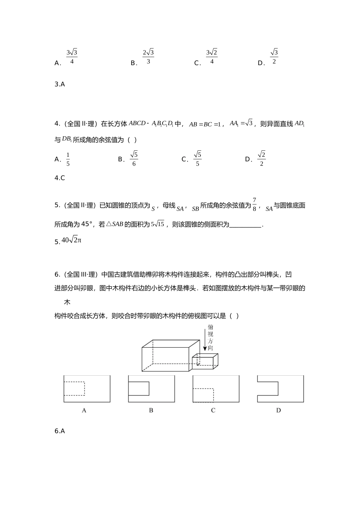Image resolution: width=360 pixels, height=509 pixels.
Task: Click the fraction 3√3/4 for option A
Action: tap(72, 56)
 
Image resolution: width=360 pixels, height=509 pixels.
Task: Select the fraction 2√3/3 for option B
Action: tap(148, 56)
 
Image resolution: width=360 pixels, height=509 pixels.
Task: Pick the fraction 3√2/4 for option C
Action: tap(211, 56)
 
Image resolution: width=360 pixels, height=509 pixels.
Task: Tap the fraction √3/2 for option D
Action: tap(274, 56)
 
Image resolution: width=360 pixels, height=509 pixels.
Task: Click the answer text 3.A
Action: tap(60, 84)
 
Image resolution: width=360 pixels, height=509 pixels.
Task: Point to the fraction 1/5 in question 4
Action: tap(68, 159)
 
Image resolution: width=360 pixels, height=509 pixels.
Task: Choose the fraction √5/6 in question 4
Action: tap(134, 159)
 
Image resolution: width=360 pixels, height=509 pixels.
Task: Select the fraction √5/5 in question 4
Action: tap(197, 159)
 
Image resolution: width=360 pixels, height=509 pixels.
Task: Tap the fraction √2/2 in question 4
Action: tap(261, 159)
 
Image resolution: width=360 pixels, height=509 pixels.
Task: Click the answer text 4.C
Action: tap(60, 178)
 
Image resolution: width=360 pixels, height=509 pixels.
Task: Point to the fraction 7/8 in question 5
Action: tap(255, 204)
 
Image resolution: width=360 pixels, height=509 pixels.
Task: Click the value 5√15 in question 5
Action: tap(158, 224)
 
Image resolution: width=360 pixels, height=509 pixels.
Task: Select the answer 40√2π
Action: tap(71, 240)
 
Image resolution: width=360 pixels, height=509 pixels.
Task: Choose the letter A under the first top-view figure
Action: tap(84, 410)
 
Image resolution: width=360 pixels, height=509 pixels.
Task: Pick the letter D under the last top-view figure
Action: tap(279, 410)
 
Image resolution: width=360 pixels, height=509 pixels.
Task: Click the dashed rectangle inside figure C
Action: tap(203, 395)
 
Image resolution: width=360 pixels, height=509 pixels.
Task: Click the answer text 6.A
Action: tap(60, 431)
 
